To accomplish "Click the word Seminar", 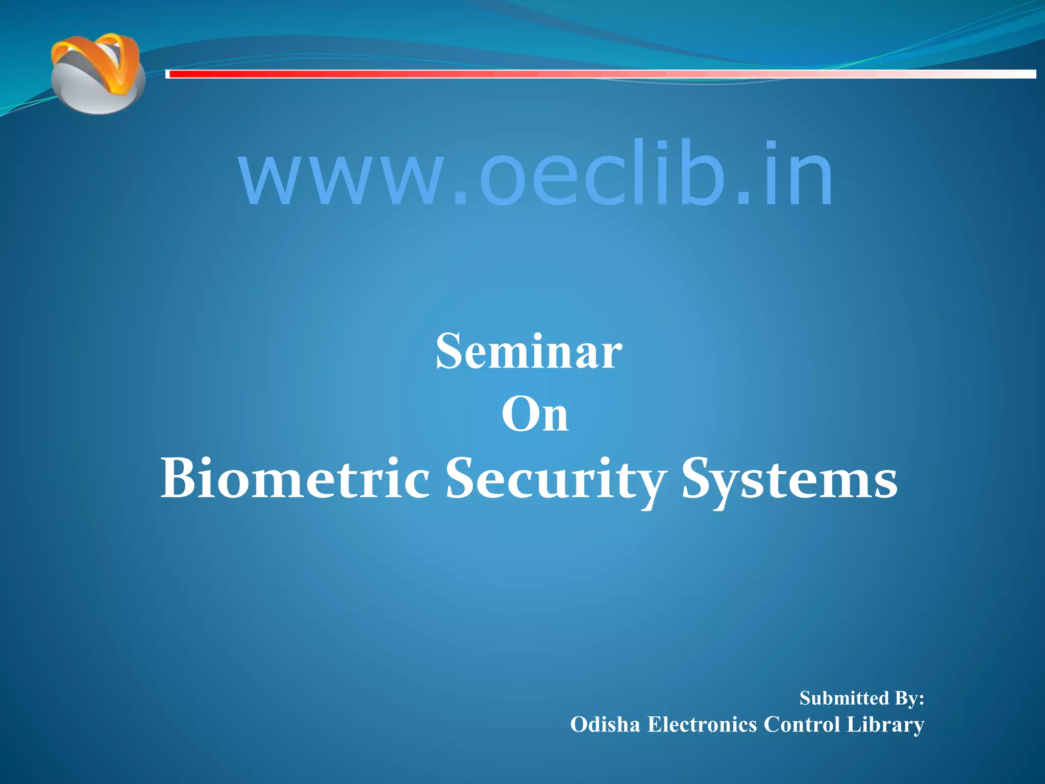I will point(529,352).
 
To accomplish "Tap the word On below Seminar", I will point(535,415).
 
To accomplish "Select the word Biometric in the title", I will point(295,479).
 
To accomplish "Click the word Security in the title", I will point(555,479).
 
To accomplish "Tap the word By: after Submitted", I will point(909,698).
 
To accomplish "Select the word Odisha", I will point(605,724).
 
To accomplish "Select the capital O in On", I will point(518,415).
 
